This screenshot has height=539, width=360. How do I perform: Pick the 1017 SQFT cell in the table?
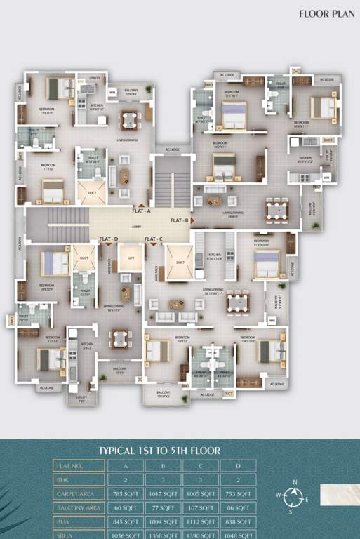point(163,494)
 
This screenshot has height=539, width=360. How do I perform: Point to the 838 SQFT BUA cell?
point(238,522)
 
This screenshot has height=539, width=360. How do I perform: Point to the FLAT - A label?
point(141,211)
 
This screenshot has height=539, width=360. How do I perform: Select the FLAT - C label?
point(154,239)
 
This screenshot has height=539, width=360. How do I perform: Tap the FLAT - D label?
point(109,239)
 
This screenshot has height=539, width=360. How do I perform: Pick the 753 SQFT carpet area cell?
point(238,494)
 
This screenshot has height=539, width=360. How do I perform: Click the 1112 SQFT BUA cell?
point(201,522)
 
